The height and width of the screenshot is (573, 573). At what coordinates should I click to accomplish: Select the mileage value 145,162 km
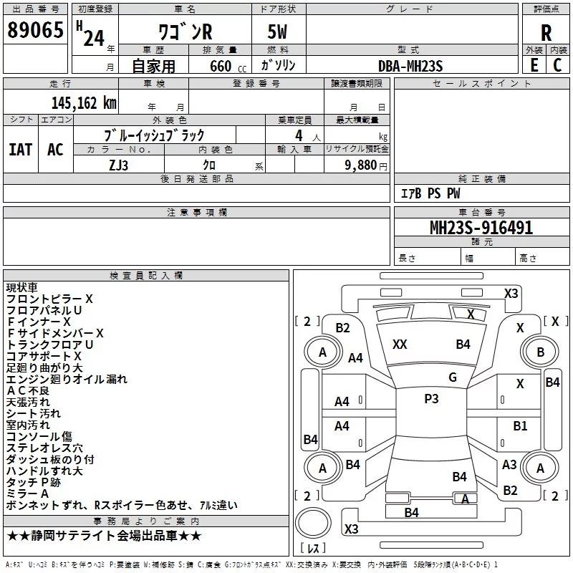83,102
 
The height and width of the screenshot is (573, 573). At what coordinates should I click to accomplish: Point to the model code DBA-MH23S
410,66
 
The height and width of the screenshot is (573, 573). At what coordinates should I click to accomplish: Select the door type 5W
279,32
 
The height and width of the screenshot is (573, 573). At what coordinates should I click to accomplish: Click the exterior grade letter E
534,65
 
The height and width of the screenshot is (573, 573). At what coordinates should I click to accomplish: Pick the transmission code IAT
21,149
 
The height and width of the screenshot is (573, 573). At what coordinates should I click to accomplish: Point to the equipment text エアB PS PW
430,194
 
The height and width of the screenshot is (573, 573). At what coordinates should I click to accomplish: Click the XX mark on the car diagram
400,345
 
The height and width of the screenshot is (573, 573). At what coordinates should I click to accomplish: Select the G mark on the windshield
452,377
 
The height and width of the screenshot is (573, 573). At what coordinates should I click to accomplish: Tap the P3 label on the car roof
431,399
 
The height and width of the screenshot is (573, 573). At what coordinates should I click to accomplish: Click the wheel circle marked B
540,352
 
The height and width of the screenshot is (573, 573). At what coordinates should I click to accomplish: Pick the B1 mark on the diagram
520,425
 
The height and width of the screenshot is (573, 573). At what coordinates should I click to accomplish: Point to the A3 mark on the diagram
509,464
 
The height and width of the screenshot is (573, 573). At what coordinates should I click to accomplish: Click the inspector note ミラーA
27,493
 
